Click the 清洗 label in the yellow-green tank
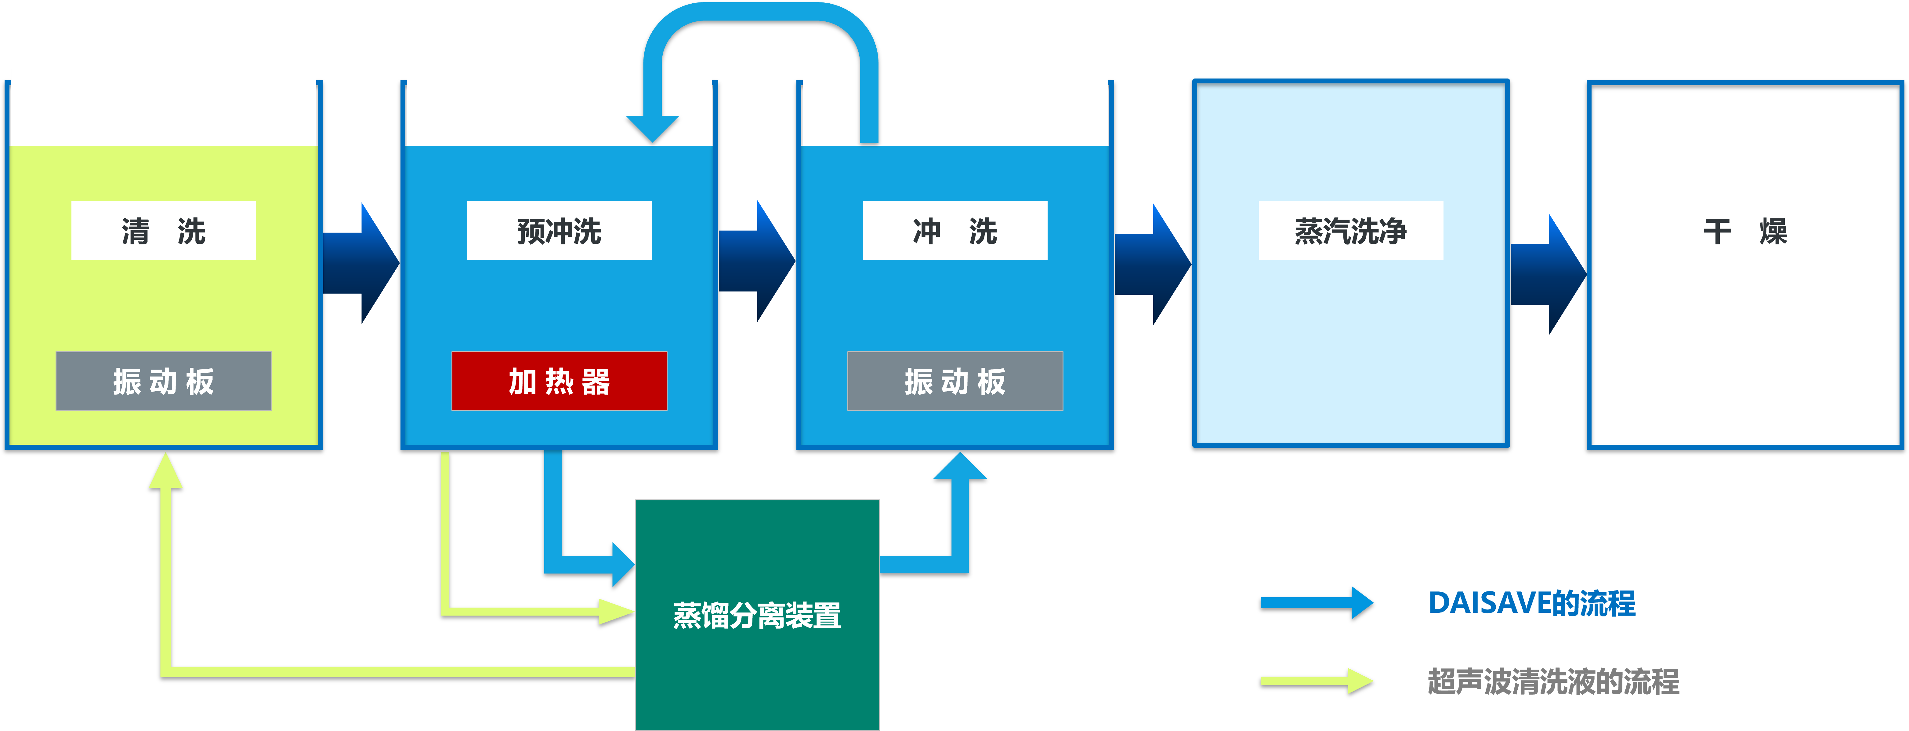click(163, 231)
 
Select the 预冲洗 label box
click(559, 231)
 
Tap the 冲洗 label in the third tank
click(954, 231)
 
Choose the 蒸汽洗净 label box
click(1350, 231)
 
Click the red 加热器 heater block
click(559, 381)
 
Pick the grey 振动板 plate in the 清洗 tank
click(163, 381)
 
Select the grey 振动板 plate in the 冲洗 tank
click(954, 381)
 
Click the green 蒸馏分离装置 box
click(757, 615)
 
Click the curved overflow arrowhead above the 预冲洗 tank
click(652, 127)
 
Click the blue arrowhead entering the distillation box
click(622, 564)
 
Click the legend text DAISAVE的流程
click(1531, 603)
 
